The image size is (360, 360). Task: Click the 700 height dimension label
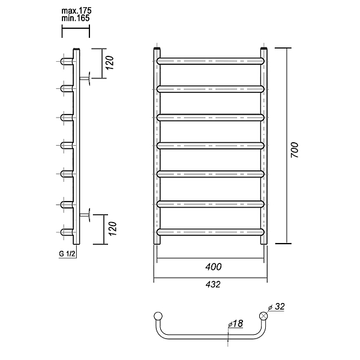tap(295, 150)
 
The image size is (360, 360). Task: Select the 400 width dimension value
tap(214, 267)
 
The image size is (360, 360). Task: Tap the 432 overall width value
tap(213, 284)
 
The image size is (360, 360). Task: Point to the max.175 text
tap(76, 11)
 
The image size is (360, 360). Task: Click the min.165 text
tap(76, 18)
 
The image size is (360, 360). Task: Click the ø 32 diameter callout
tap(277, 307)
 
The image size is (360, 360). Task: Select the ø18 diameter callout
tap(236, 323)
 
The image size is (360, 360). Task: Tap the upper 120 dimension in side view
tap(110, 63)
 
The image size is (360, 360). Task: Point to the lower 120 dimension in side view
tap(113, 229)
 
